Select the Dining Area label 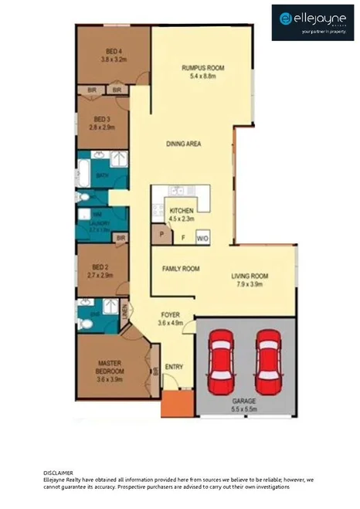pyautogui.click(x=184, y=144)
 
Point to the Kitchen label pyautogui.click(x=181, y=211)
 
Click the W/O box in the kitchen pyautogui.click(x=203, y=238)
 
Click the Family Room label pyautogui.click(x=181, y=269)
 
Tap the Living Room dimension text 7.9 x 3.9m pyautogui.click(x=249, y=284)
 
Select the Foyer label pyautogui.click(x=170, y=315)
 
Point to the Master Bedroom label pyautogui.click(x=110, y=367)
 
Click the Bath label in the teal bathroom pyautogui.click(x=102, y=175)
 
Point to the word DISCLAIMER pyautogui.click(x=59, y=470)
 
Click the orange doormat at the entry pyautogui.click(x=172, y=403)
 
